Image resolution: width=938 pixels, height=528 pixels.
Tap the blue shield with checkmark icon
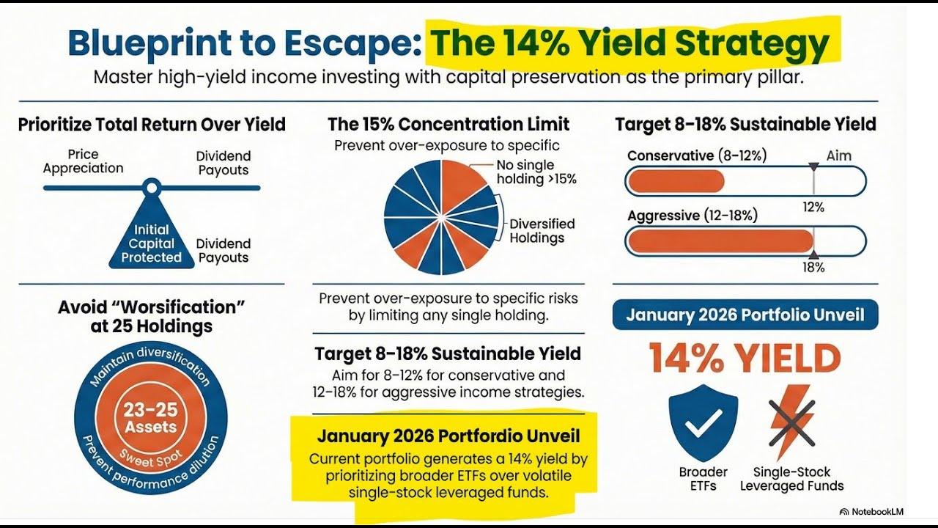click(703, 422)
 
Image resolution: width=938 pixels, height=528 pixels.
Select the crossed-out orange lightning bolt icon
click(791, 422)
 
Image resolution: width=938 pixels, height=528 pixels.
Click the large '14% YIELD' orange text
click(745, 359)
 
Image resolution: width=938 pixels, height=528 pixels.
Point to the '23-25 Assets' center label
click(150, 418)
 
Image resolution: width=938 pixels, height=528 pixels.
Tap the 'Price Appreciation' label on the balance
click(83, 161)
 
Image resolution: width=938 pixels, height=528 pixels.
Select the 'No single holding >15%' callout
click(536, 172)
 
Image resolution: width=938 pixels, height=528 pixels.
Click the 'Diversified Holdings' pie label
click(542, 230)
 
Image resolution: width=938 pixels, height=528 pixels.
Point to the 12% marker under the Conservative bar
click(813, 207)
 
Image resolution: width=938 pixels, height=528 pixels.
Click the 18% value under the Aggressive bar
click(813, 268)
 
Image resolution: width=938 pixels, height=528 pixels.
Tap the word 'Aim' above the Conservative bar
click(839, 156)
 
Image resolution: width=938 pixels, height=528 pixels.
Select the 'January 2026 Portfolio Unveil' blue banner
click(745, 315)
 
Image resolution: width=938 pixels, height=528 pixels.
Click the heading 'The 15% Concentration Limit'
click(448, 124)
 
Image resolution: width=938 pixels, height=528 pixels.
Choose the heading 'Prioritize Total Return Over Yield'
click(152, 125)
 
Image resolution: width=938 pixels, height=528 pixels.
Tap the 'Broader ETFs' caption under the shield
click(703, 479)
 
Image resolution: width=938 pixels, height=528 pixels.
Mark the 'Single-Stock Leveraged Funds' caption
click(791, 479)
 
